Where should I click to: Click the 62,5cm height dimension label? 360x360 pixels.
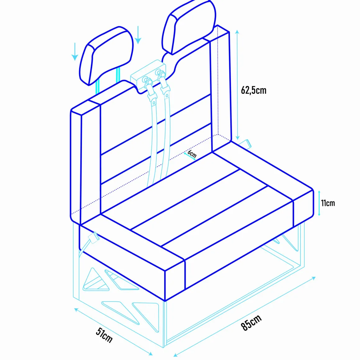click(x=254, y=90)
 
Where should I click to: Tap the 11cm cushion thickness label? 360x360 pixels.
click(x=328, y=203)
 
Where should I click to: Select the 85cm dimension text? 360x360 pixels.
click(x=251, y=322)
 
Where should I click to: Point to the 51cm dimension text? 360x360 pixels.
click(x=104, y=335)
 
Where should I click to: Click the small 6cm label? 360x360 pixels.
click(x=192, y=153)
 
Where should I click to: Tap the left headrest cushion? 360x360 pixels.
click(x=106, y=56)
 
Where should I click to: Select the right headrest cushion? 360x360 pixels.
click(x=189, y=27)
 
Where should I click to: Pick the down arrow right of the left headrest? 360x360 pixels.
click(x=138, y=35)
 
